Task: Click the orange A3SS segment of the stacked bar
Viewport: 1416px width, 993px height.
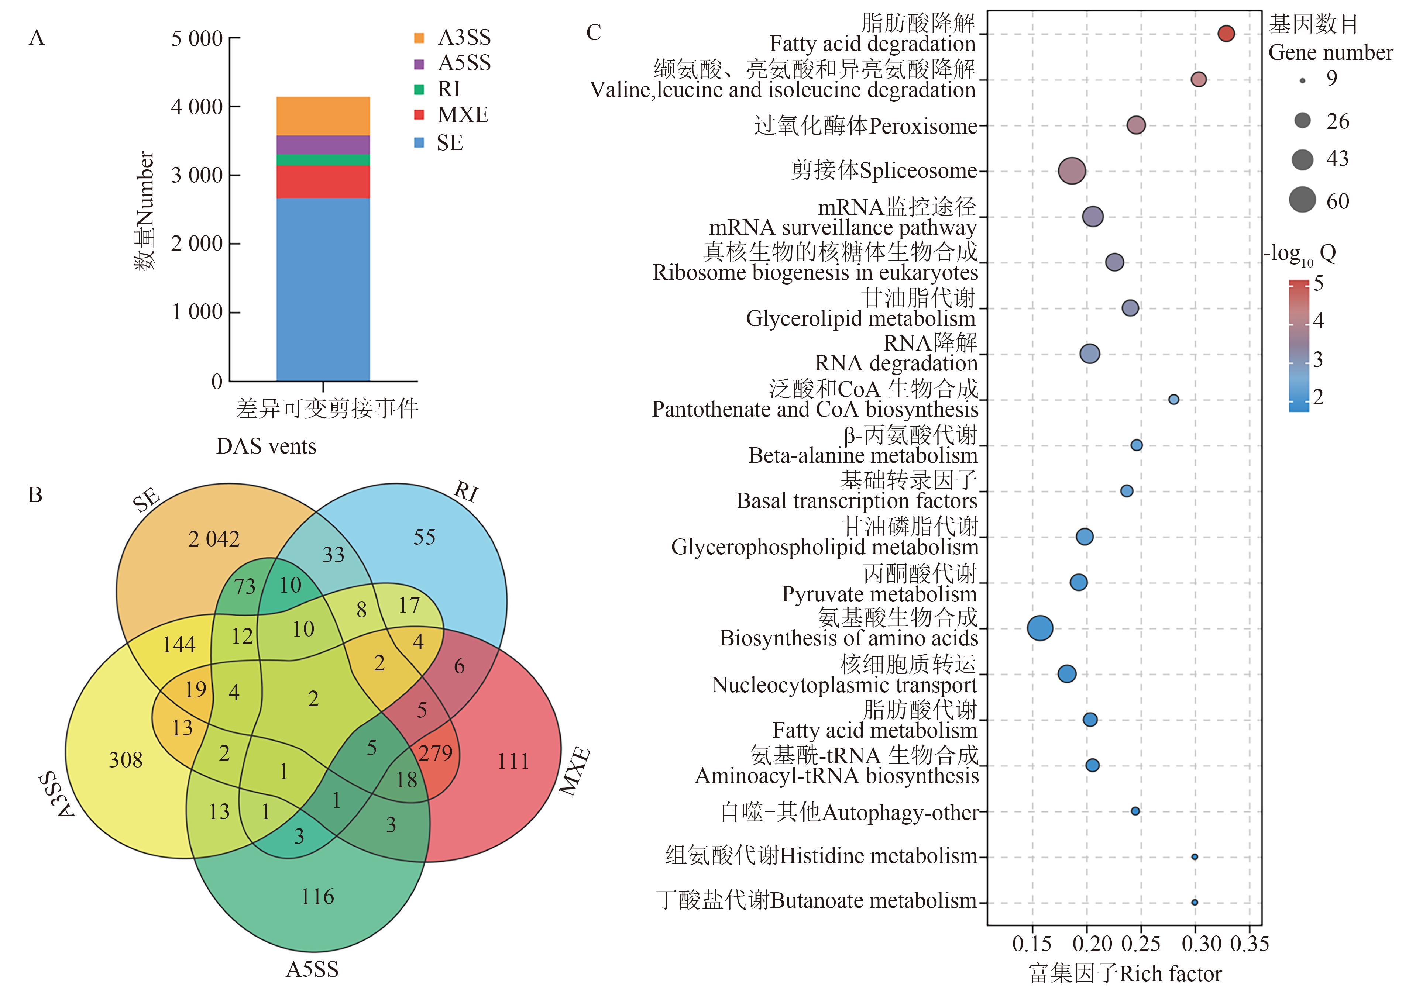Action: click(x=323, y=116)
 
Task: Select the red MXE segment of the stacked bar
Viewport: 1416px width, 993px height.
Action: click(x=323, y=182)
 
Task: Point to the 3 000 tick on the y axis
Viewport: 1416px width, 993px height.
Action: click(x=197, y=175)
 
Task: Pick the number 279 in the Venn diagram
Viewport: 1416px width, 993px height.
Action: click(x=436, y=753)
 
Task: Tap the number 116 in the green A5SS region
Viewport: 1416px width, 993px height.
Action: click(x=317, y=896)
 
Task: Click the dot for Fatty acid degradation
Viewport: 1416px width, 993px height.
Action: click(x=1226, y=34)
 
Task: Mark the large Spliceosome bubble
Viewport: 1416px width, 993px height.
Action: click(x=1072, y=171)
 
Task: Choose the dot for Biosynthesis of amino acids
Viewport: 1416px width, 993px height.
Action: click(x=1041, y=628)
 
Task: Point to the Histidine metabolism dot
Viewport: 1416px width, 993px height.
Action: click(x=1195, y=857)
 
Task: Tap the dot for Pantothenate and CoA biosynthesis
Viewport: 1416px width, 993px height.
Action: click(x=1173, y=399)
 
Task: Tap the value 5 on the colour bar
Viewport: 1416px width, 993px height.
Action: click(x=1319, y=283)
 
